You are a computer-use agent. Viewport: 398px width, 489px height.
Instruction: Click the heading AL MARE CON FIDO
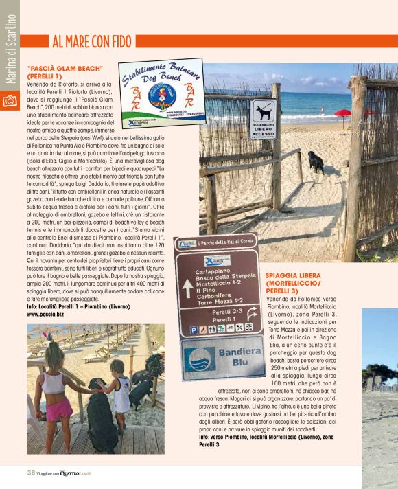click(x=91, y=43)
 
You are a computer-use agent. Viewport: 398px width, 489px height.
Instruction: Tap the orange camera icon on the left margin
click(x=10, y=101)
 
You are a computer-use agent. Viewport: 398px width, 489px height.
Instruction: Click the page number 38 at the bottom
click(x=31, y=472)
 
